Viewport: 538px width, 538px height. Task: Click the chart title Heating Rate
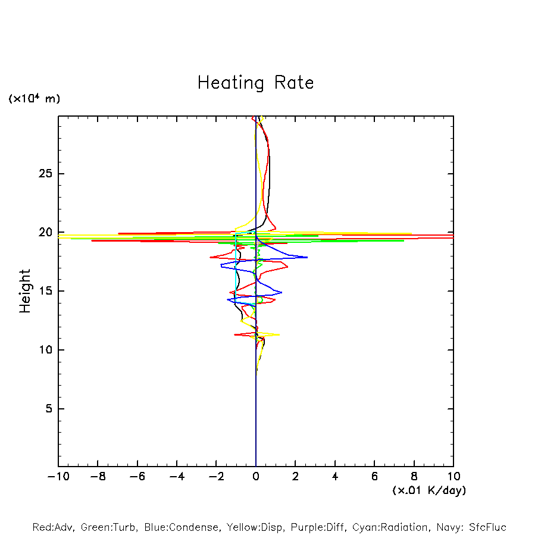[x=255, y=83]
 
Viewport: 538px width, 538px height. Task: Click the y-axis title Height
[x=25, y=291]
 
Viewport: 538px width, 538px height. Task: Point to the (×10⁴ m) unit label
[x=34, y=99]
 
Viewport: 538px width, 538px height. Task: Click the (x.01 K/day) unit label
[x=428, y=490]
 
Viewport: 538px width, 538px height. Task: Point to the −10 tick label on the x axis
[x=58, y=477]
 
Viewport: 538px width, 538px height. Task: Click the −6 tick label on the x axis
[x=137, y=477]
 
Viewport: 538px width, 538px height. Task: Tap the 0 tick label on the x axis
[x=256, y=477]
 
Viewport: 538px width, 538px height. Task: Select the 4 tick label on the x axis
[x=335, y=477]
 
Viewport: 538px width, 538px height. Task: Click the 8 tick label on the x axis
[x=414, y=477]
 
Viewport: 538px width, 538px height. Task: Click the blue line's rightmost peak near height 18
[x=307, y=257]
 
